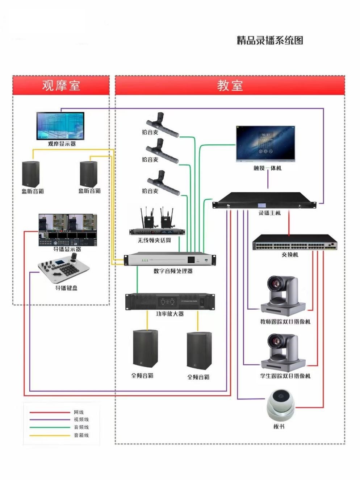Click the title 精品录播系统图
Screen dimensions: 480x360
click(270, 40)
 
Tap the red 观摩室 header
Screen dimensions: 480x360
click(61, 86)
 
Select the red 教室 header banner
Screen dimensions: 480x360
click(230, 86)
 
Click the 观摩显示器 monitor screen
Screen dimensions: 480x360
click(60, 125)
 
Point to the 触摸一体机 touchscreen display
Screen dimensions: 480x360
click(265, 144)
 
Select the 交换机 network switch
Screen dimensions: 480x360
click(294, 242)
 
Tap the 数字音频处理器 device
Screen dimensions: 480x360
click(170, 260)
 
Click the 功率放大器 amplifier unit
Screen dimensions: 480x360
click(170, 302)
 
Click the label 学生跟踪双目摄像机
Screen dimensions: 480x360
click(285, 376)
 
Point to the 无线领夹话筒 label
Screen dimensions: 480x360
click(154, 240)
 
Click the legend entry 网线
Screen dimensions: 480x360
click(79, 412)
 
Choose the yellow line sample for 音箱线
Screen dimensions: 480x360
click(50, 435)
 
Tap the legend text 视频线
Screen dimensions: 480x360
click(81, 419)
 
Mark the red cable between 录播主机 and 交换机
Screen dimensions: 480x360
click(289, 223)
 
